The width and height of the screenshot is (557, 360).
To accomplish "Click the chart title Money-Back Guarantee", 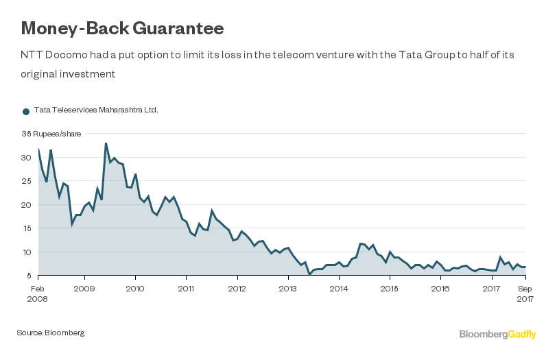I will tap(122, 28).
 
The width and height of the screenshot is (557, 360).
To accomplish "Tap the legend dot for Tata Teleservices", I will tap(26, 110).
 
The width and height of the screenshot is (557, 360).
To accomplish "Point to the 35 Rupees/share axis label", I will tap(51, 134).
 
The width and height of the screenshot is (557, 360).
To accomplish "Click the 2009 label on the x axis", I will tap(84, 289).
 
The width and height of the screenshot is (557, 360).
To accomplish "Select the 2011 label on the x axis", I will tap(186, 289).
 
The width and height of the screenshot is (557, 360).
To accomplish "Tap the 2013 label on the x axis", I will tap(288, 289).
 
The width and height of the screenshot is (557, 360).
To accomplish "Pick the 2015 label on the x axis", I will tap(390, 289).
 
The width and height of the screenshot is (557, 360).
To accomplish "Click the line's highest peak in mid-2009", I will tap(106, 143).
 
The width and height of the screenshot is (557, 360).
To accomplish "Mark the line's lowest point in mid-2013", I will tap(309, 274).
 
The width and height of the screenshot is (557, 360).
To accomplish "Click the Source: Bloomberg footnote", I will tap(51, 333).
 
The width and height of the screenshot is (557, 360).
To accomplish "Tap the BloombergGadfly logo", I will tap(497, 334).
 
